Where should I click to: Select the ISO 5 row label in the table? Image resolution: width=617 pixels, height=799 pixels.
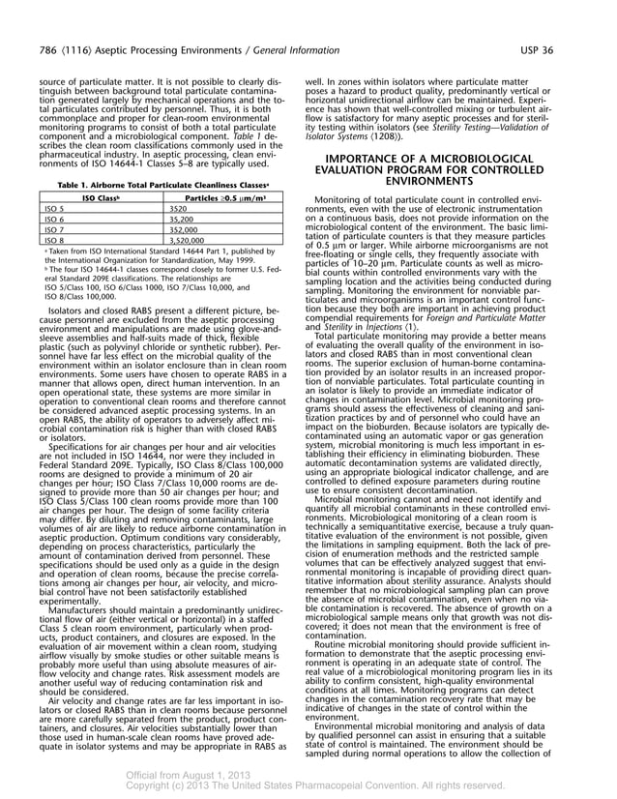coord(55,208)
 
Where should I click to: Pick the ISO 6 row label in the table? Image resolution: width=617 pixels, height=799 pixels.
coord(55,220)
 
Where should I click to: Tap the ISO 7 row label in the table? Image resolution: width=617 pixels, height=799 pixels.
coord(55,230)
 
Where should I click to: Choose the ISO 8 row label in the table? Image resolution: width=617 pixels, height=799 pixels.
coord(55,241)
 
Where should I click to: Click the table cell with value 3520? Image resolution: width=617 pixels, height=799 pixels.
coord(178,208)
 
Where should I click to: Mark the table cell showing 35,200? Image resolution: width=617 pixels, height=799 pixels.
coord(181,220)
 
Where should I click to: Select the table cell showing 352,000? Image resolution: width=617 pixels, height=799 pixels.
coord(184,230)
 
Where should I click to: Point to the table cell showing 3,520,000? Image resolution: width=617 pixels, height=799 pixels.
coord(188,241)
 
